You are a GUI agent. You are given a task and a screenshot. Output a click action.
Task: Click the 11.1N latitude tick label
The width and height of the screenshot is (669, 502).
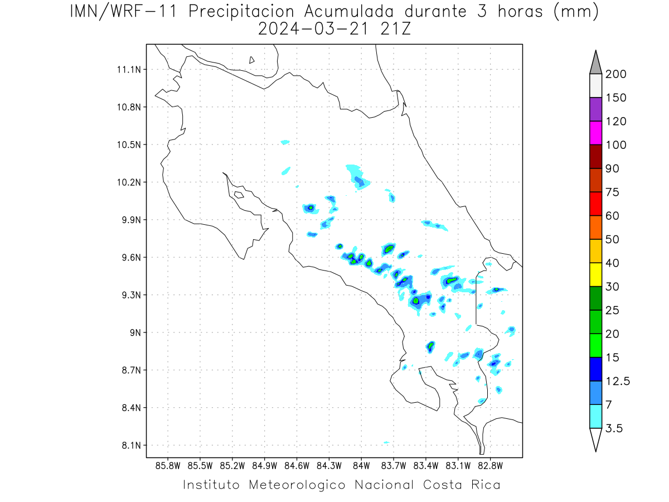(129, 70)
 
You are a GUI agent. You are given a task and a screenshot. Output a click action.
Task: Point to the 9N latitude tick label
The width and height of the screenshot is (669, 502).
(135, 332)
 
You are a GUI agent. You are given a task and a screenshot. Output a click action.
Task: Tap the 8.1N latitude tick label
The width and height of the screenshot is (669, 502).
(132, 445)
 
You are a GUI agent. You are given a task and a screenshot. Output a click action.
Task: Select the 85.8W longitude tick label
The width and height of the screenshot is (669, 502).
(168, 466)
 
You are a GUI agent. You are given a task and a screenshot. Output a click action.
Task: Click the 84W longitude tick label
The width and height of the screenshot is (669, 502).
(361, 466)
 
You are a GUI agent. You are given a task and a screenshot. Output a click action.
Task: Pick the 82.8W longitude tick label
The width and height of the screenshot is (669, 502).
(491, 466)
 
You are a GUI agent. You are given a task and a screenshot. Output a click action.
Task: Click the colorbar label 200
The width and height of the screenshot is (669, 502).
(615, 74)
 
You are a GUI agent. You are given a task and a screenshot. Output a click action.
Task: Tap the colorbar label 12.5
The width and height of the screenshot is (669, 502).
(618, 382)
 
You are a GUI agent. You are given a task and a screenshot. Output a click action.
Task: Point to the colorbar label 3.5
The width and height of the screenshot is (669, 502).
(614, 428)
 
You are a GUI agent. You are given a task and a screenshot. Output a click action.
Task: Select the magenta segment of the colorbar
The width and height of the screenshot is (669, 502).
(595, 133)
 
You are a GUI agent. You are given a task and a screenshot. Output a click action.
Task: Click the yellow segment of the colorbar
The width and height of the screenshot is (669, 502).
(595, 274)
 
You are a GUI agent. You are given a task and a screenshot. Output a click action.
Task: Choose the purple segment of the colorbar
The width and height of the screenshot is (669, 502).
(595, 109)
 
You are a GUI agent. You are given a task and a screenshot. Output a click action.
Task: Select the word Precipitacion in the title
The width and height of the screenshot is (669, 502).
(241, 12)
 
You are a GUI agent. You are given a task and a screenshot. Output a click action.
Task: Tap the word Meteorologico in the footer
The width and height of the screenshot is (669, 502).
(297, 485)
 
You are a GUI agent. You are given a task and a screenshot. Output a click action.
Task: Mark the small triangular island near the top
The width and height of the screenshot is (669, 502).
(251, 60)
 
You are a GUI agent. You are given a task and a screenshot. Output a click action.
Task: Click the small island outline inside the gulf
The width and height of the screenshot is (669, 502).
(239, 195)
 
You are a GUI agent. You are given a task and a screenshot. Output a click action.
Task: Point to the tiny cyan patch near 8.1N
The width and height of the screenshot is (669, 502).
(386, 442)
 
